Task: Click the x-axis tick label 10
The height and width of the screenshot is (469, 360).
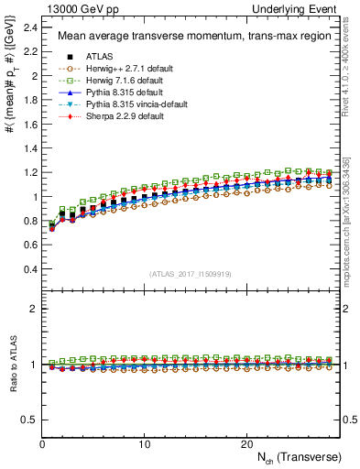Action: [x=144, y=443]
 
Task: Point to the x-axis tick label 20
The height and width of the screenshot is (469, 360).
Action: [x=246, y=443]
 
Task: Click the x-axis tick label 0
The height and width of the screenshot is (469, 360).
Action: [x=42, y=443]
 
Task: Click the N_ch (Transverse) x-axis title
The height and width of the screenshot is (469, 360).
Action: [x=299, y=457]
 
